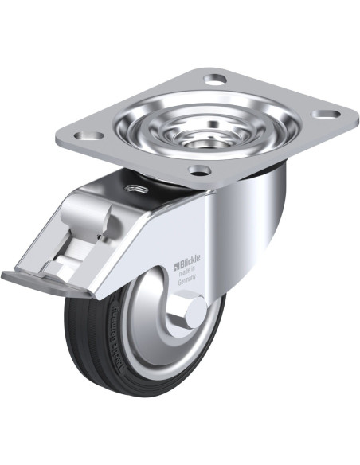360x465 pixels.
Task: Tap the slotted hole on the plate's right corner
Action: [x=322, y=114]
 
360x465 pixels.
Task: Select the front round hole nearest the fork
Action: [x=199, y=170]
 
